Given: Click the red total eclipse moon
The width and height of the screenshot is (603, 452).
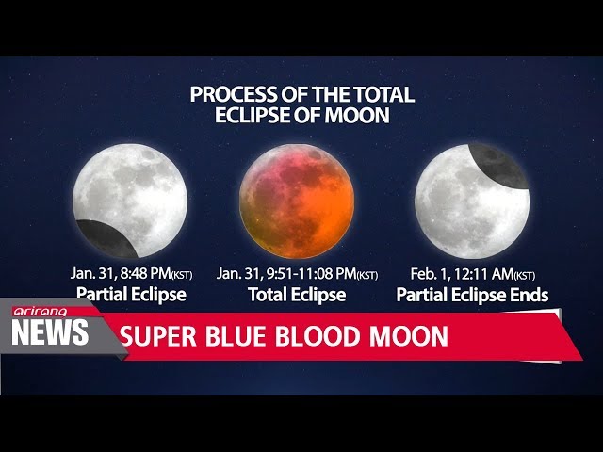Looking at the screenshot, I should [297, 202].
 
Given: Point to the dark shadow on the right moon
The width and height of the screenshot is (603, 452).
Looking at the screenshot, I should [497, 165].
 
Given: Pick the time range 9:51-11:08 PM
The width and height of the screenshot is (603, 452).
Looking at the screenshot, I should [310, 273].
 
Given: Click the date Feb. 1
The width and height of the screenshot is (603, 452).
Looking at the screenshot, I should [429, 273].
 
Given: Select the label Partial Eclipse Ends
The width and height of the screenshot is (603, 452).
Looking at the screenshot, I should [472, 295].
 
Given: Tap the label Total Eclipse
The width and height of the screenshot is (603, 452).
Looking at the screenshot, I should [297, 295].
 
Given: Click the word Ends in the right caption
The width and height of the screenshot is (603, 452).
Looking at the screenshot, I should [530, 295].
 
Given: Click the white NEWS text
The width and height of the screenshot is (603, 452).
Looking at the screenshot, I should [51, 332].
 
